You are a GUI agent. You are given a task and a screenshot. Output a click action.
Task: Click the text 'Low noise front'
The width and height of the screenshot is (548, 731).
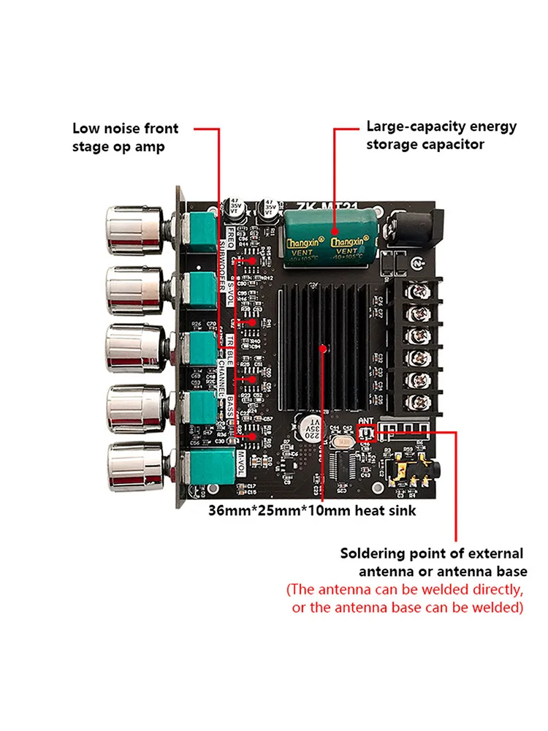pyautogui.click(x=125, y=129)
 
